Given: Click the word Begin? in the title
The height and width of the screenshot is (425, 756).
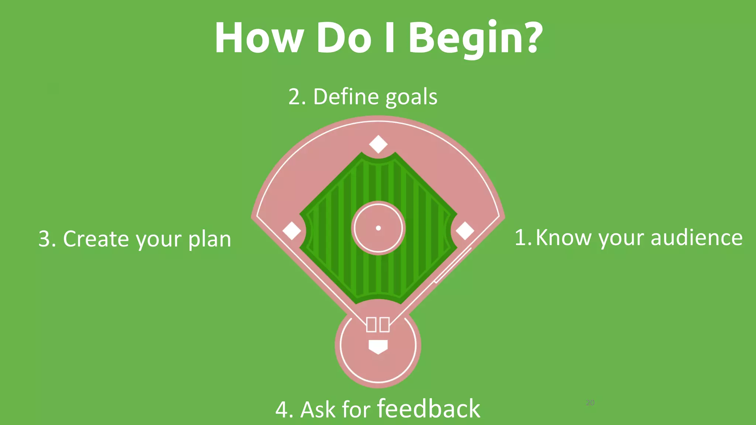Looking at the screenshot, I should [475, 38].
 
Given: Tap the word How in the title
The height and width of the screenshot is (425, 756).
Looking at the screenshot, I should [259, 38].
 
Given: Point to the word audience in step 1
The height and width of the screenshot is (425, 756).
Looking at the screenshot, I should [696, 238].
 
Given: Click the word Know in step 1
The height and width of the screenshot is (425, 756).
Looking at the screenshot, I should [563, 238].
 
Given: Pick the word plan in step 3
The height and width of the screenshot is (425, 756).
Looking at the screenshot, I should [209, 239].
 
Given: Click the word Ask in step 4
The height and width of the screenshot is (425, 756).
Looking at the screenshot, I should [318, 410].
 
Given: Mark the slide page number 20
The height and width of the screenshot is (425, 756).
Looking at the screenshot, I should [590, 402].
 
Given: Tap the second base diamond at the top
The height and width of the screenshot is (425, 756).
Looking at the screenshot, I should [378, 144].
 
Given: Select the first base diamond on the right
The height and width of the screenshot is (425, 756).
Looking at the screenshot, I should [465, 231].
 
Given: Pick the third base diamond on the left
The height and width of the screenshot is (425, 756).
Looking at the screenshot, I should [292, 231].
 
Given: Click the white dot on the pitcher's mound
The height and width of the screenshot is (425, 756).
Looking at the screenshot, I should [378, 228].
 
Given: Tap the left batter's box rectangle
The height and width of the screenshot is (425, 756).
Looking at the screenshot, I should [371, 325].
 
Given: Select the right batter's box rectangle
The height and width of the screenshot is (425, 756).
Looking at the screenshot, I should [384, 325].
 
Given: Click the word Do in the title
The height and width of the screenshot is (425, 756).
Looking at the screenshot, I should [344, 38].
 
